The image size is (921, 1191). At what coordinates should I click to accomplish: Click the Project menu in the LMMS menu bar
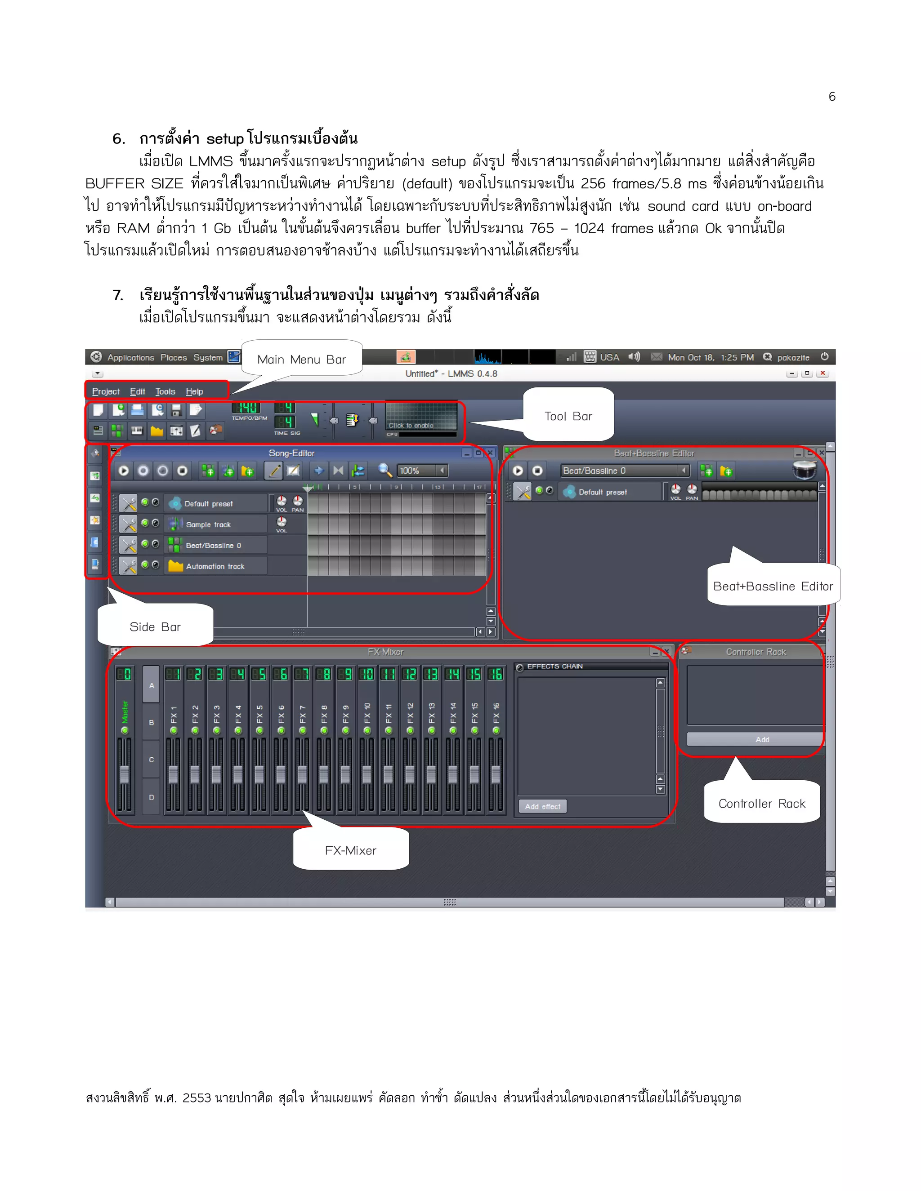(x=106, y=391)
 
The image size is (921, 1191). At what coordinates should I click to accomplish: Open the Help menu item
(x=194, y=391)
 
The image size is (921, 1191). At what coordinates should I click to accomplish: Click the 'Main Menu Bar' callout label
(x=301, y=360)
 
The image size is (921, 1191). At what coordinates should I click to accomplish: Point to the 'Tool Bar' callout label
(x=568, y=416)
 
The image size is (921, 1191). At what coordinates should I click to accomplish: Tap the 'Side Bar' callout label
(x=155, y=627)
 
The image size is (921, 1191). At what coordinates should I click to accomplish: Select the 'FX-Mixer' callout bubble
(x=350, y=850)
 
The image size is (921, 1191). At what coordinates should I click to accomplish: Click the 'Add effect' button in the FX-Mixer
(x=542, y=807)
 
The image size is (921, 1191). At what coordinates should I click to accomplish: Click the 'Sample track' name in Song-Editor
(x=208, y=524)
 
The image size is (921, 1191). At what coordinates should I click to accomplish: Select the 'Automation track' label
(x=215, y=567)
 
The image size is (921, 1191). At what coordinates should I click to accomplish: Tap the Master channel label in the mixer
(x=125, y=711)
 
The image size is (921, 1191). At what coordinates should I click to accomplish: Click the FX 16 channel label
(x=496, y=713)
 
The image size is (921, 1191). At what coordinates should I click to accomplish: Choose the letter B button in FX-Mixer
(x=151, y=723)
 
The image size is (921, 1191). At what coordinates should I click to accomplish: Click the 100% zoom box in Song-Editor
(x=417, y=471)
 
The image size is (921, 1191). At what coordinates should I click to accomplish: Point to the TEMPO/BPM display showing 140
(x=248, y=408)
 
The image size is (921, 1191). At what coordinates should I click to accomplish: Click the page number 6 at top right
(x=832, y=97)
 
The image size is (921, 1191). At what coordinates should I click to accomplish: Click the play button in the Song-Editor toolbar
(x=124, y=471)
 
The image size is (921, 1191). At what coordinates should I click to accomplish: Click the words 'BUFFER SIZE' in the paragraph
(x=134, y=184)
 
